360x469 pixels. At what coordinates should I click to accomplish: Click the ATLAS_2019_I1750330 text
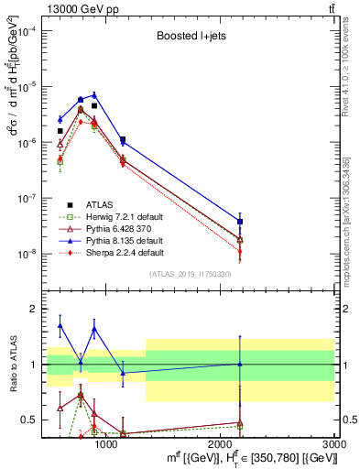coord(189,274)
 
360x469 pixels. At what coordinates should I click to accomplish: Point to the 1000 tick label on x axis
coord(106,444)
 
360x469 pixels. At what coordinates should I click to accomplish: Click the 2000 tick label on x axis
coord(221,444)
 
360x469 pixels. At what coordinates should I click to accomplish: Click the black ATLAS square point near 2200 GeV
coord(240,222)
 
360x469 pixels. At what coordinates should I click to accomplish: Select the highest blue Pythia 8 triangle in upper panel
coord(93,94)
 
